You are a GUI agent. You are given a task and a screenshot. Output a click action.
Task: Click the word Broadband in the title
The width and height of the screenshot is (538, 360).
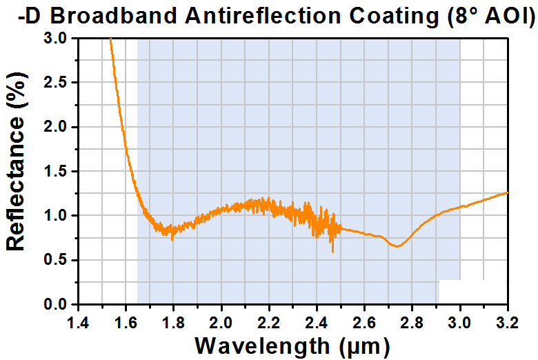pos(114,16)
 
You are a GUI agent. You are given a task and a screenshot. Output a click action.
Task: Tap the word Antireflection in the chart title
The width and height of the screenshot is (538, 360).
pos(263,16)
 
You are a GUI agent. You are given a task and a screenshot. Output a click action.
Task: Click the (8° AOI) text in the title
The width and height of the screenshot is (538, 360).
pos(491,17)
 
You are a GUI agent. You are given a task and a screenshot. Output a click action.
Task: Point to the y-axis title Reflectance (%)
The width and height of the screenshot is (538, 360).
pos(16,161)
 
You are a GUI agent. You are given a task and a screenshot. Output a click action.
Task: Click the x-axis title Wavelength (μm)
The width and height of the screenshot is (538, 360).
pos(292,346)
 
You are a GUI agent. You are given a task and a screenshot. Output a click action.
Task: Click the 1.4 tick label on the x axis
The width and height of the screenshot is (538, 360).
pos(79,323)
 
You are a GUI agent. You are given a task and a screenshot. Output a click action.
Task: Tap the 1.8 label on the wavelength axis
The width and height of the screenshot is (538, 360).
pos(174,323)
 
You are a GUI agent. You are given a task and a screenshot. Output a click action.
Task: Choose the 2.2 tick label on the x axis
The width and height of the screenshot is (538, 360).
pos(269,323)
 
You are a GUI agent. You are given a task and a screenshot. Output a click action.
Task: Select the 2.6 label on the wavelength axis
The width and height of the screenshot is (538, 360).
pos(364,323)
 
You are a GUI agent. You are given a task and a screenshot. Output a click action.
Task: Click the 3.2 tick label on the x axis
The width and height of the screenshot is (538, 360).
pos(507,323)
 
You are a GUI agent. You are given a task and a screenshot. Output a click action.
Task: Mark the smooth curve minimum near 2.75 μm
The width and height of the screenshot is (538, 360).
pos(397,246)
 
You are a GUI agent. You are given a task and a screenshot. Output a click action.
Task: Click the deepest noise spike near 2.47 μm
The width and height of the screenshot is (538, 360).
pos(332,252)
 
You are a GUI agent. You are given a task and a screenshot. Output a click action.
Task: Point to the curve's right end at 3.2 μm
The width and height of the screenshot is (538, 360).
pos(507,193)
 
